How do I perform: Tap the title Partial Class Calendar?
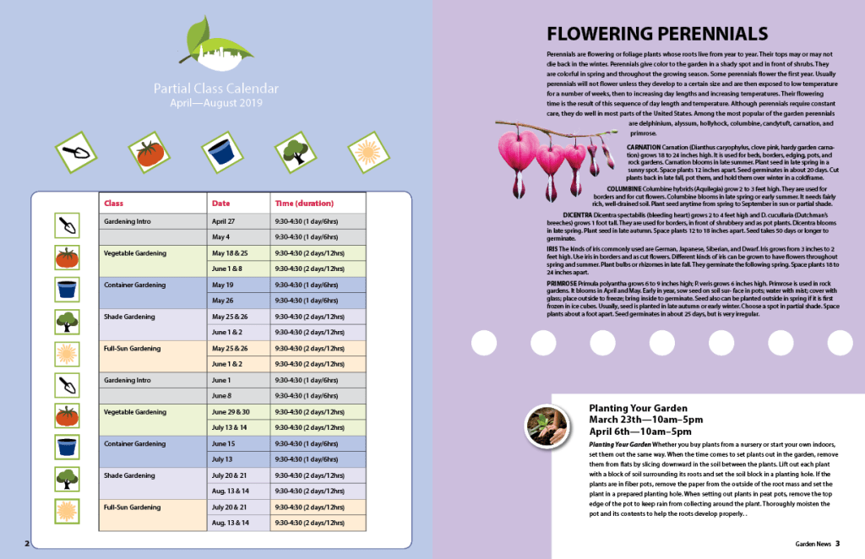(x=216, y=88)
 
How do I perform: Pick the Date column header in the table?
(x=220, y=204)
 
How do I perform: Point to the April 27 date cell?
(x=223, y=220)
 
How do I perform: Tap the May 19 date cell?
(x=222, y=285)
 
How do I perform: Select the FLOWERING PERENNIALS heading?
(x=656, y=34)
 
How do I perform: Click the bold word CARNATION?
(x=644, y=147)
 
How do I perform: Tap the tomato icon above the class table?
(x=150, y=152)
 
